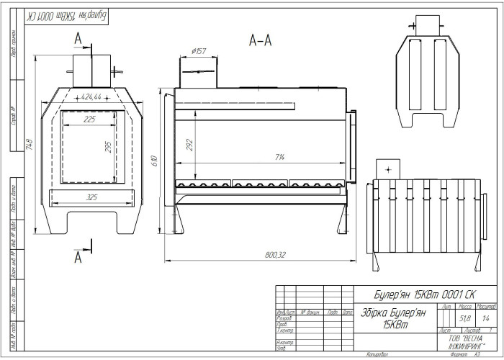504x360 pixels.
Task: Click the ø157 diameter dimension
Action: coord(199,51)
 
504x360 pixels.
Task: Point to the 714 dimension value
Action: coord(279,157)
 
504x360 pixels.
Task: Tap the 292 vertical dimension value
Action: coord(189,145)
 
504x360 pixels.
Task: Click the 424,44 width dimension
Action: coord(91,96)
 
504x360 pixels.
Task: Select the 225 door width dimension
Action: coord(89,120)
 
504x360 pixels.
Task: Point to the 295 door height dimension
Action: coord(108,147)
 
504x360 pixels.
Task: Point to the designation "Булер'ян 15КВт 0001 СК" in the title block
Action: coord(425,294)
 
